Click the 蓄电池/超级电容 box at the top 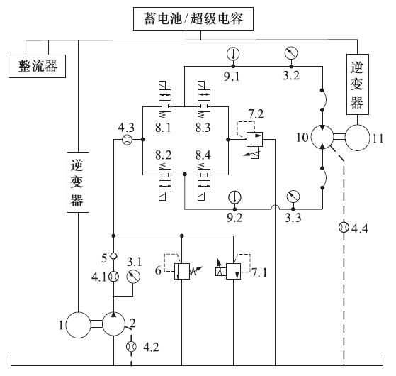coord(193,18)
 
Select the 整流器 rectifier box coord(37,66)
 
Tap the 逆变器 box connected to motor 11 coord(358,84)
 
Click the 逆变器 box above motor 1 coord(78,182)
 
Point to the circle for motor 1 coord(78,325)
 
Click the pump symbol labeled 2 coord(113,324)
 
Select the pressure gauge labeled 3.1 coord(133,277)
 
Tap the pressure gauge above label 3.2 coord(291,53)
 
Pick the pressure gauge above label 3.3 coord(293,197)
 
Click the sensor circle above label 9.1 coord(233,54)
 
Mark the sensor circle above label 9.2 coord(234,197)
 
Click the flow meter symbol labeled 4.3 coord(127,139)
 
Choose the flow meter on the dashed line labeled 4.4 coord(344,227)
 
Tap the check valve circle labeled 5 coord(113,256)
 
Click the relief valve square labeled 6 coord(182,271)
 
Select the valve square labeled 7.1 coord(233,271)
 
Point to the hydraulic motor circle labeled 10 coord(322,138)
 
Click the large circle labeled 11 coord(357,138)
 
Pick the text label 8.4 coord(203,155)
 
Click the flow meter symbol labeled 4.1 coord(113,277)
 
